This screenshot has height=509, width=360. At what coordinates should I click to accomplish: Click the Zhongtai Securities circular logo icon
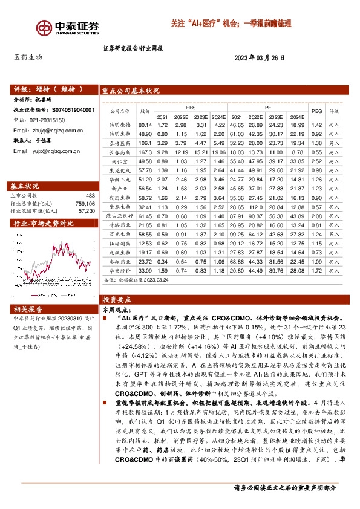pyautogui.click(x=42, y=27)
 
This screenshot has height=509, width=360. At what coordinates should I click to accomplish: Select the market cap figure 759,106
pyautogui.click(x=85, y=203)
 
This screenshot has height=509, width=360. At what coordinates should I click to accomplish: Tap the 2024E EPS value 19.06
pyautogui.click(x=220, y=154)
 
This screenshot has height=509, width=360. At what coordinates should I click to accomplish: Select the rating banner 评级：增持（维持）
pyautogui.click(x=48, y=89)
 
